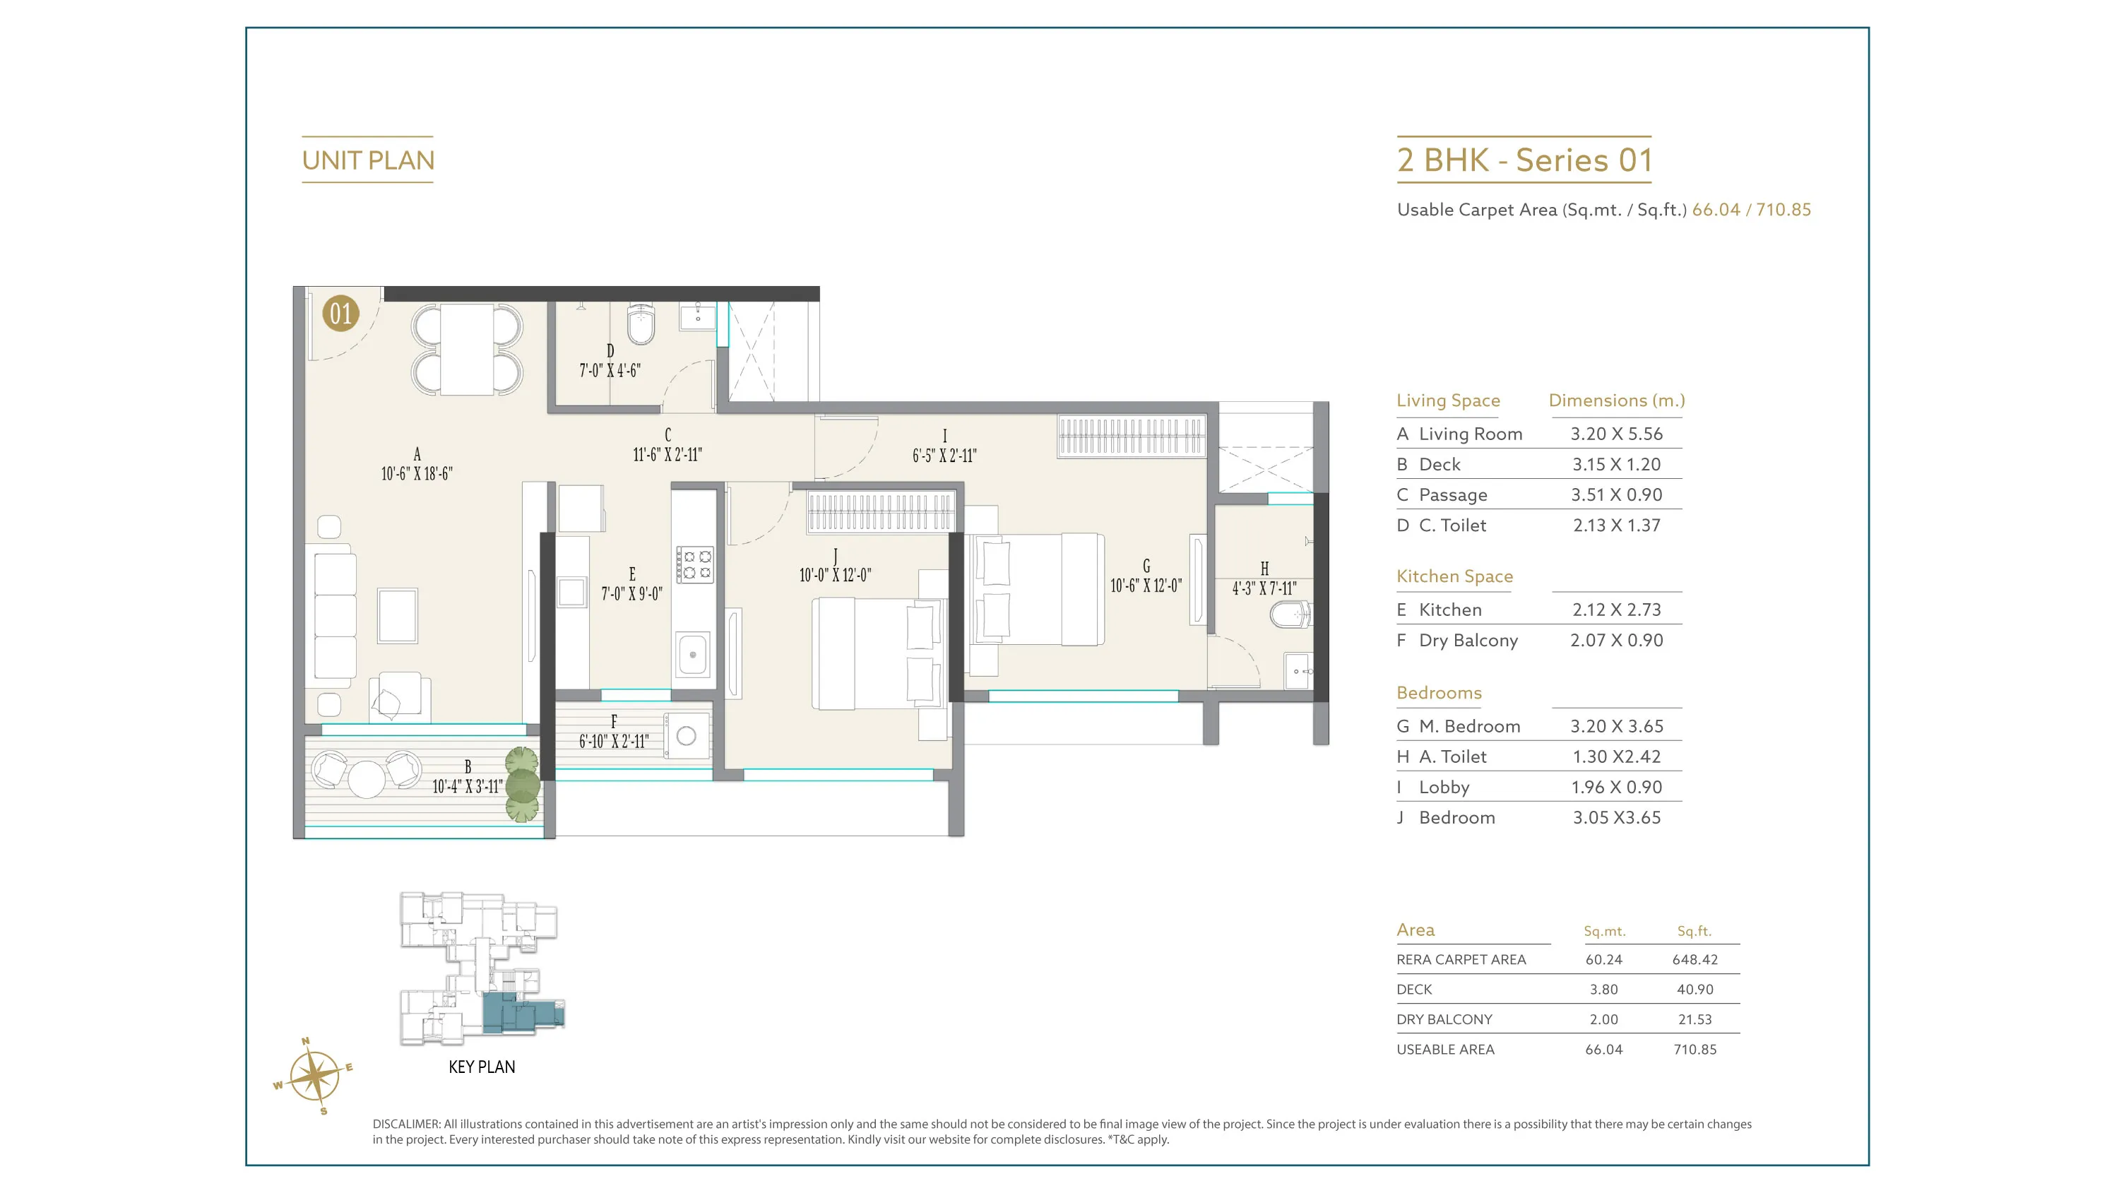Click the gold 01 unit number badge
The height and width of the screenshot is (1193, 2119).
340,314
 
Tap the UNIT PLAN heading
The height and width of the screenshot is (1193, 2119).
368,160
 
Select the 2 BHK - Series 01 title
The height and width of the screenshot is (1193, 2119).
1524,160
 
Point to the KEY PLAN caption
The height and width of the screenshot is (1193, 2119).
482,1067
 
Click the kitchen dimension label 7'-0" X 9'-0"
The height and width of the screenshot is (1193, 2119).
631,594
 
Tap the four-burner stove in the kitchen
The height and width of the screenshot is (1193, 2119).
694,564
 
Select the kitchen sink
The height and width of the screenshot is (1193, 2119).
693,655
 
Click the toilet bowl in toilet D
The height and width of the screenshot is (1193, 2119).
640,324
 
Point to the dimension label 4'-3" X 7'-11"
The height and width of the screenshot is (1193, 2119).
1264,588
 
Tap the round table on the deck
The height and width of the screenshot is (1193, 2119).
367,779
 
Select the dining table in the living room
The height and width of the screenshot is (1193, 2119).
466,350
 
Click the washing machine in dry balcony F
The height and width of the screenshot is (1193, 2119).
687,735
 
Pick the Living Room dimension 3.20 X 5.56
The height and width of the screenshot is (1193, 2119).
1616,434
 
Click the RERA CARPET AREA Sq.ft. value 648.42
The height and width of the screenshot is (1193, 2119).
1694,959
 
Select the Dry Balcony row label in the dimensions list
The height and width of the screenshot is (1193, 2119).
1468,640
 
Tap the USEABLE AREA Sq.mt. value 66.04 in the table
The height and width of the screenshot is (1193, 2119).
1604,1049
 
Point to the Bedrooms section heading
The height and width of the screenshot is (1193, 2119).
1439,693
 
